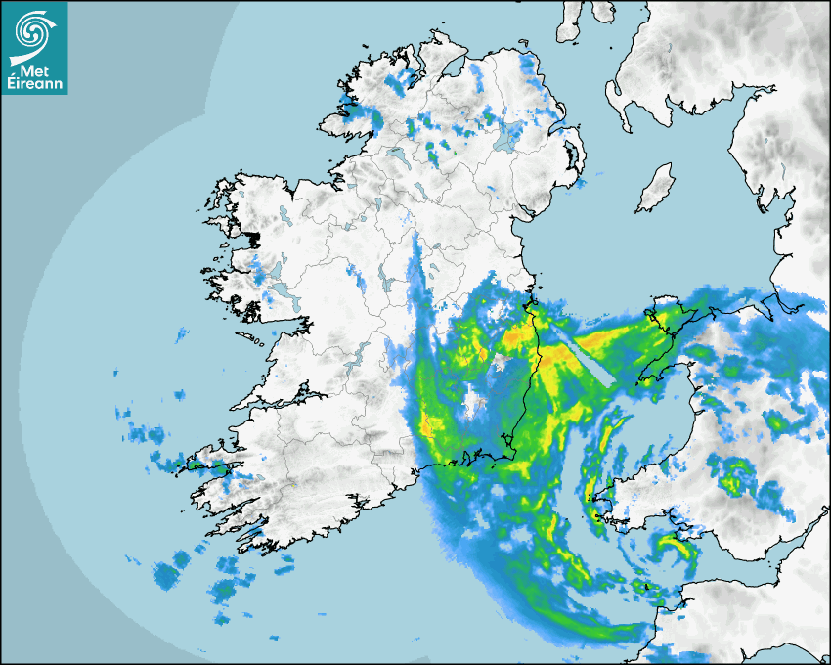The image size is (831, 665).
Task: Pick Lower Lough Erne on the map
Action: tap(396, 156)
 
